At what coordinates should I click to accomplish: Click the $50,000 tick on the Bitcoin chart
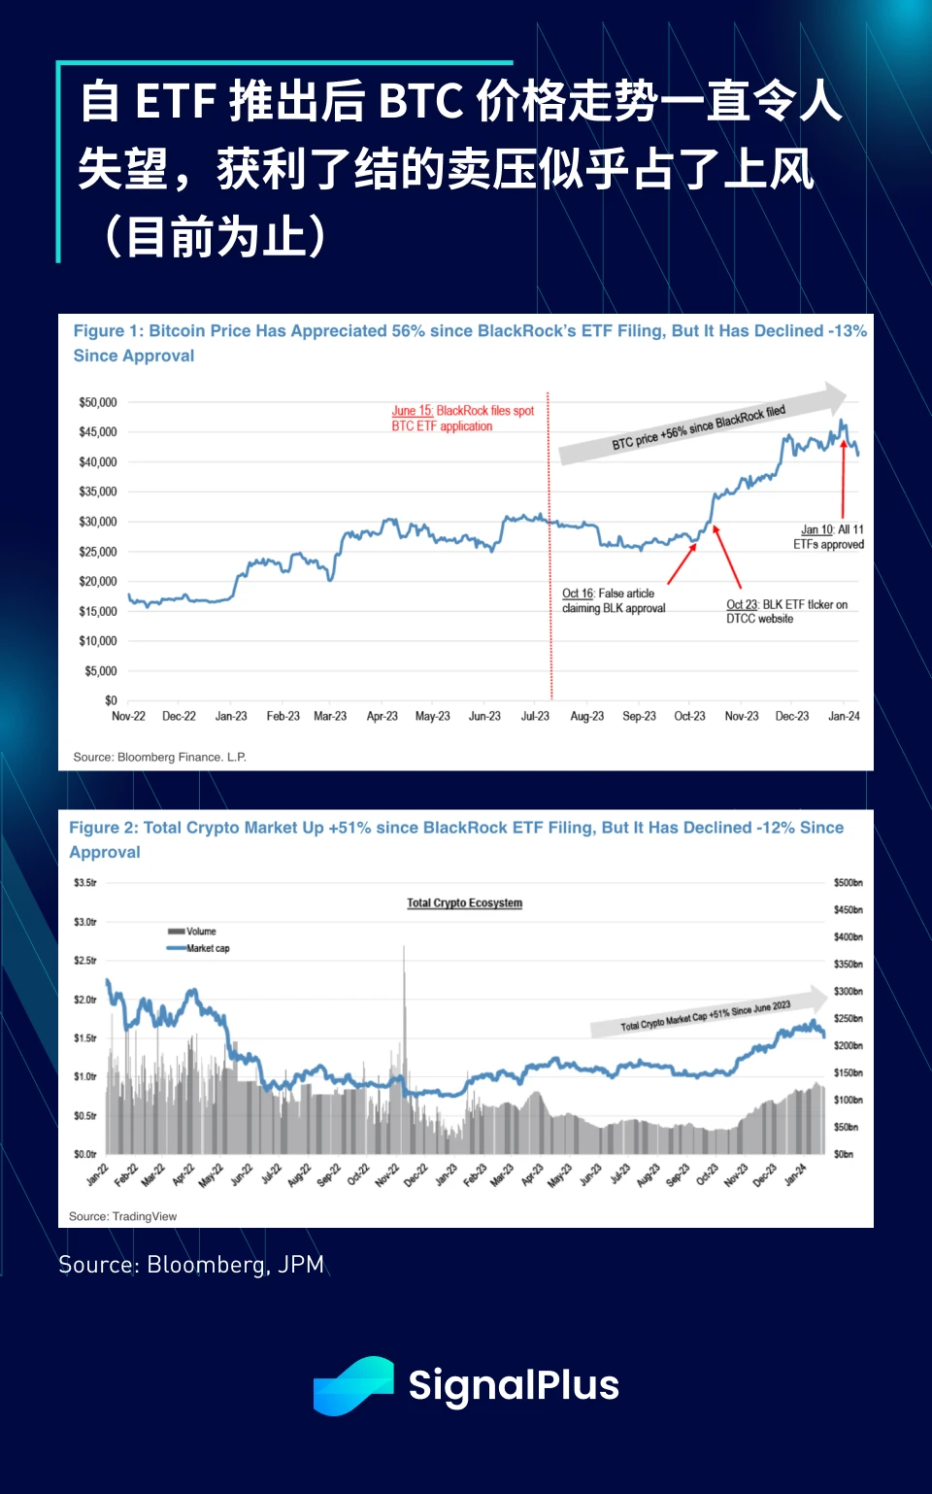click(x=97, y=402)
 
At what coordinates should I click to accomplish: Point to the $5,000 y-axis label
click(x=100, y=671)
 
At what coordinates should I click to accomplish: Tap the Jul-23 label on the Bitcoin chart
click(x=535, y=717)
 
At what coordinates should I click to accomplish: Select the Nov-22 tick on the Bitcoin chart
click(x=128, y=717)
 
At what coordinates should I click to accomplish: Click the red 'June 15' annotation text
click(x=462, y=419)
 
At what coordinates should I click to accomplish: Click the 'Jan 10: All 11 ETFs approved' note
click(x=829, y=537)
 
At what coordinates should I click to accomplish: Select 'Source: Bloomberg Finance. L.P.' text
click(x=159, y=757)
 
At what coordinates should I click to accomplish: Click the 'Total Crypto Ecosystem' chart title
click(x=464, y=903)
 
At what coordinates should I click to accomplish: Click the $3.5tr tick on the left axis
click(x=84, y=883)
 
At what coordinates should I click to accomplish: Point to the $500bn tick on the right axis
click(x=848, y=883)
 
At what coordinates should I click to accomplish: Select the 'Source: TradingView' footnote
click(x=122, y=1216)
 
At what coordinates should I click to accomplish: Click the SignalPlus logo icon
click(x=353, y=1385)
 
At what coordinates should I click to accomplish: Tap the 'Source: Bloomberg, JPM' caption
click(x=191, y=1265)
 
